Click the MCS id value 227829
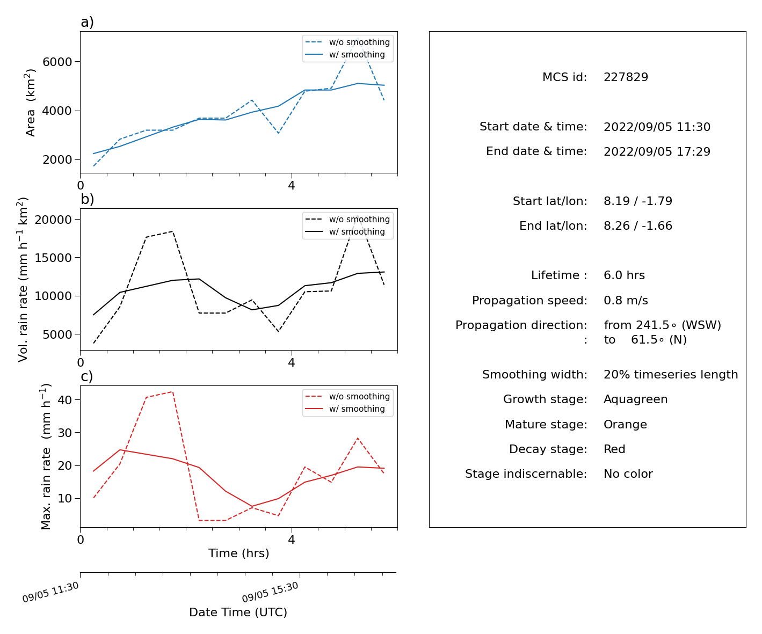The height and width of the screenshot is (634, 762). click(626, 77)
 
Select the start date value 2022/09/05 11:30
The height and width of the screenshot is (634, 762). click(657, 127)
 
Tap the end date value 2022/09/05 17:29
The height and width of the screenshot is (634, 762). click(657, 151)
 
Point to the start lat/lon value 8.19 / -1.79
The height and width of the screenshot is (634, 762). click(637, 201)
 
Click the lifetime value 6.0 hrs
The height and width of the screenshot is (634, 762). click(624, 275)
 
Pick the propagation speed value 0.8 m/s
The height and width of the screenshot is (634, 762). click(626, 300)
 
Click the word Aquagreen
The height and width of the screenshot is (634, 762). click(635, 399)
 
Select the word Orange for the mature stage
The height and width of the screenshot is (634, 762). click(625, 424)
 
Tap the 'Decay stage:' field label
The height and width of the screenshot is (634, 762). click(548, 449)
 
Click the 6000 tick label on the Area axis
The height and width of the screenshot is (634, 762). click(57, 62)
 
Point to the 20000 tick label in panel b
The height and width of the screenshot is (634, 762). click(53, 220)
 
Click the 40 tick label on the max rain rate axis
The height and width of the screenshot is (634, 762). click(64, 400)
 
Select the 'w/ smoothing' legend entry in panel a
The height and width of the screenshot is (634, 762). click(345, 54)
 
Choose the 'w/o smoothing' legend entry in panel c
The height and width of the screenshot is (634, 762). click(347, 396)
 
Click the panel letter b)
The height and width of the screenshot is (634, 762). click(87, 199)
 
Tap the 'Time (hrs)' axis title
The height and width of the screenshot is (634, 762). click(238, 553)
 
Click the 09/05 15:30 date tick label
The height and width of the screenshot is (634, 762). click(270, 592)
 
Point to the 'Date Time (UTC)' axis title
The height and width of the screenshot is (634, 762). click(238, 612)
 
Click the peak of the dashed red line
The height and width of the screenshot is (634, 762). click(172, 392)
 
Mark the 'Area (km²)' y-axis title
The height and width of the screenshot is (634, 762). click(30, 103)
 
